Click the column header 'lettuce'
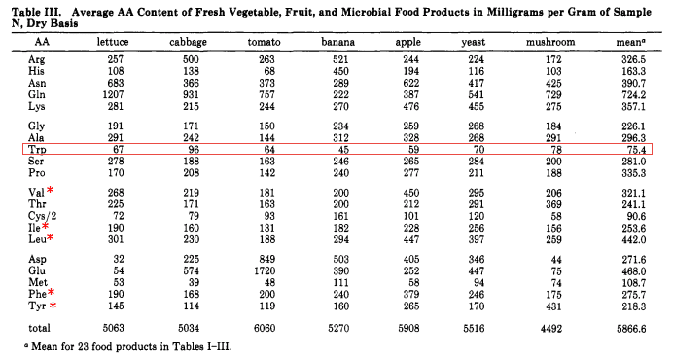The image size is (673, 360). (114, 43)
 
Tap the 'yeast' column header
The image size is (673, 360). (477, 43)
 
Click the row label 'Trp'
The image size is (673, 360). (36, 149)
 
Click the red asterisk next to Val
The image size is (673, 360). (50, 190)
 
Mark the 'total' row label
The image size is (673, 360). (40, 328)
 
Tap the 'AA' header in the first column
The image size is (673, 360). (42, 43)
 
